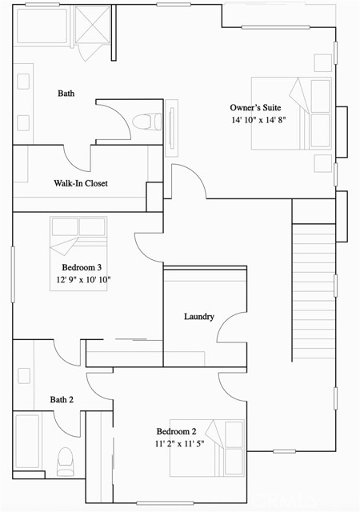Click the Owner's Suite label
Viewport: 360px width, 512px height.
[255, 107]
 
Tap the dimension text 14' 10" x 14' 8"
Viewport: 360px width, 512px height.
[258, 120]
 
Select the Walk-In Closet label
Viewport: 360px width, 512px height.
[80, 183]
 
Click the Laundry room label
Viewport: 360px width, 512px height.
[198, 316]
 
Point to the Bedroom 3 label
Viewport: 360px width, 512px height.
[84, 267]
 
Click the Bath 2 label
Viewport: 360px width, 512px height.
[62, 399]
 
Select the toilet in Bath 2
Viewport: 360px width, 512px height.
[64, 458]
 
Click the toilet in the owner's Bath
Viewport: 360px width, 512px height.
[143, 122]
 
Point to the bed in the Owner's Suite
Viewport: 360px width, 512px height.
[292, 113]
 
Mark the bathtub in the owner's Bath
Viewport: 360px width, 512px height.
[42, 25]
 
